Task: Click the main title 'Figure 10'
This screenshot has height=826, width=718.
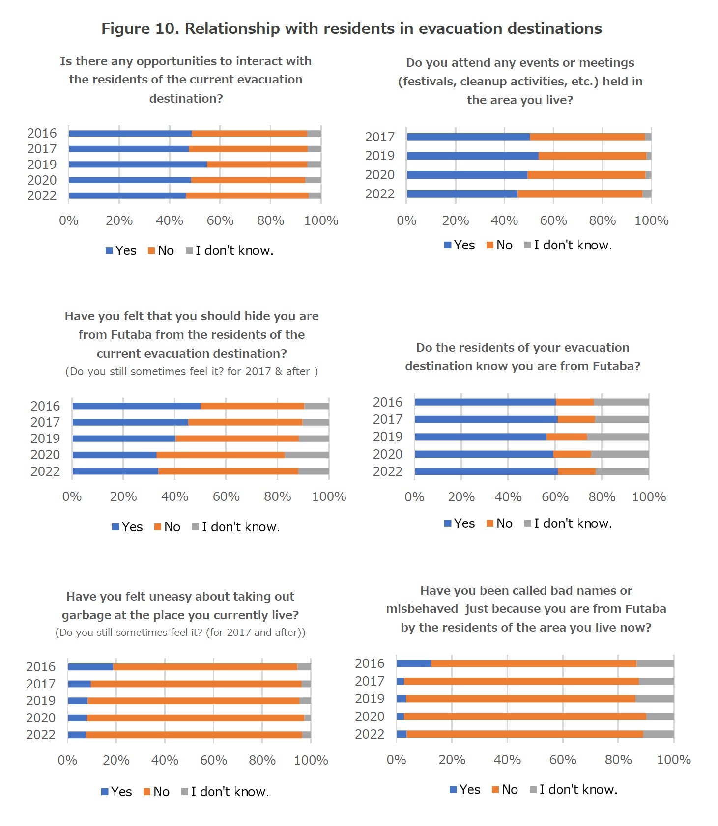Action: [351, 28]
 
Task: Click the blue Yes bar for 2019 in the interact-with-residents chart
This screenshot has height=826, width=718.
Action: [138, 165]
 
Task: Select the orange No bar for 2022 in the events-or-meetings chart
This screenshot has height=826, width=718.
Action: [580, 194]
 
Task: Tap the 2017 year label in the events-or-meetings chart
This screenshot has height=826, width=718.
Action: [379, 137]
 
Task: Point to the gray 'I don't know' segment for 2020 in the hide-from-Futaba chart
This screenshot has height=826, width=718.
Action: [307, 455]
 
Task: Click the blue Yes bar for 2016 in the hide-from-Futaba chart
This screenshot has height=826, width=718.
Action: [136, 406]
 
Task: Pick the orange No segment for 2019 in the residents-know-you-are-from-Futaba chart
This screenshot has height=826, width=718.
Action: [566, 437]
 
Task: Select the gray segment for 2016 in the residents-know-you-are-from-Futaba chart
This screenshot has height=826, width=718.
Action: [621, 402]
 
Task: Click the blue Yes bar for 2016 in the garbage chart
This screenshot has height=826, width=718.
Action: [90, 667]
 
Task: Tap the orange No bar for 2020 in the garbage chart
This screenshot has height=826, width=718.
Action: [196, 718]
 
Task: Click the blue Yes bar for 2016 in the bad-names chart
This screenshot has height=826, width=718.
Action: [414, 664]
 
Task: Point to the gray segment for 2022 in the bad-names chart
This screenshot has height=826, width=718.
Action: [658, 734]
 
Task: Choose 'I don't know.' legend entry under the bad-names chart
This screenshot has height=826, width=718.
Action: [573, 790]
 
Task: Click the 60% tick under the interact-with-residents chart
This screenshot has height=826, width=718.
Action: [220, 220]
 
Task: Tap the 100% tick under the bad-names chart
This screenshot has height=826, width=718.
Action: [673, 760]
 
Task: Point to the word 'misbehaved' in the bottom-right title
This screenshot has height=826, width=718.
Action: [422, 609]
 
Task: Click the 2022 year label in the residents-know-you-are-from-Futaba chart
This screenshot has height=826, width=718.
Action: [387, 471]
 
